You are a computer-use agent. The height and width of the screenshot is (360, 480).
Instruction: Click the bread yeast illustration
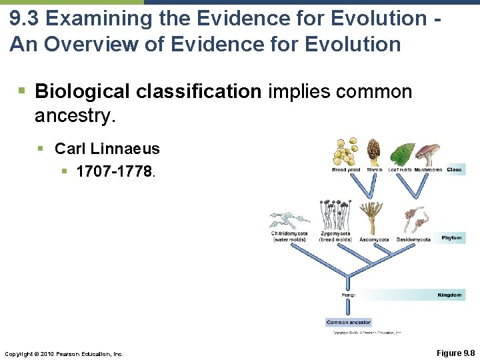(345, 153)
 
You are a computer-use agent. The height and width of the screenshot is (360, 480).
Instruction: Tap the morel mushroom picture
(374, 151)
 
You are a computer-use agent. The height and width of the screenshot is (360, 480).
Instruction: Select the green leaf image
(403, 154)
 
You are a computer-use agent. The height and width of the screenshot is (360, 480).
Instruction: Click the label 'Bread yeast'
(346, 170)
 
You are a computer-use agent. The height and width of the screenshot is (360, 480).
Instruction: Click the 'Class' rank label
(454, 170)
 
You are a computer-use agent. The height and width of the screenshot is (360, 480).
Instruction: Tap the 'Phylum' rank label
(451, 238)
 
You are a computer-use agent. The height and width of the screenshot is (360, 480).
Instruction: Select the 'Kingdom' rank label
(449, 295)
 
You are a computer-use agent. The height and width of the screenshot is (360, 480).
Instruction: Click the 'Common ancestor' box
(349, 323)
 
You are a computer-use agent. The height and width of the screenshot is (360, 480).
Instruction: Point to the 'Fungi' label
(349, 295)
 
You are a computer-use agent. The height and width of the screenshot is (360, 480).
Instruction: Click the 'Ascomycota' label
(375, 239)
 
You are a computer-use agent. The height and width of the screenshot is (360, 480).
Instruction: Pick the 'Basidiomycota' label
(413, 239)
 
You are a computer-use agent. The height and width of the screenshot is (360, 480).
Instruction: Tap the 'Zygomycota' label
(335, 234)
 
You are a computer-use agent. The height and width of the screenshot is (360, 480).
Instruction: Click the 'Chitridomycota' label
(289, 234)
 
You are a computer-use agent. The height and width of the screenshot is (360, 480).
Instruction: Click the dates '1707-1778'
(115, 171)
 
